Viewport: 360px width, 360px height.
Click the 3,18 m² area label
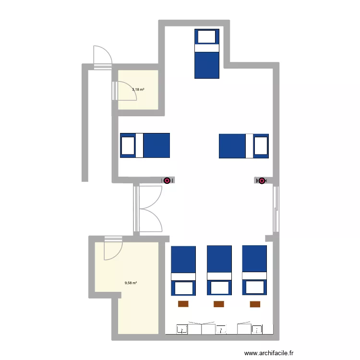[x=138, y=89]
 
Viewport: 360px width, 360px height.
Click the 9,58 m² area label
[x=131, y=283]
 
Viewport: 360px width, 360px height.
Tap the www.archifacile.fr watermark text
[x=269, y=353]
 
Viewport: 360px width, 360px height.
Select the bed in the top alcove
[x=207, y=53]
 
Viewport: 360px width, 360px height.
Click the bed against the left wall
[x=145, y=145]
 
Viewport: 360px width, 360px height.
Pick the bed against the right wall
[x=244, y=146]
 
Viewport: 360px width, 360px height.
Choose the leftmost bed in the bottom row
[x=183, y=270]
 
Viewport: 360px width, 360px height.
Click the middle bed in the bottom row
[x=219, y=270]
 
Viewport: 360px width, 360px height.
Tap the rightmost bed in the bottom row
[x=254, y=270]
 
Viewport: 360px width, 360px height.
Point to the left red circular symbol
[x=167, y=180]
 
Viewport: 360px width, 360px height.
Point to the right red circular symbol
[x=262, y=180]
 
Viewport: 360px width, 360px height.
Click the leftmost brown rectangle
[x=183, y=303]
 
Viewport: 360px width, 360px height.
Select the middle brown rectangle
[x=219, y=303]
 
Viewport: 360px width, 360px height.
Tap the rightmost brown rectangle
[x=255, y=303]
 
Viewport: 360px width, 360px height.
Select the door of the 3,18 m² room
[x=124, y=91]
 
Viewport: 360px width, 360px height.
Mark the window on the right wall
[x=276, y=208]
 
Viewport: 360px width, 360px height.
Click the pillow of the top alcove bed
[x=207, y=36]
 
